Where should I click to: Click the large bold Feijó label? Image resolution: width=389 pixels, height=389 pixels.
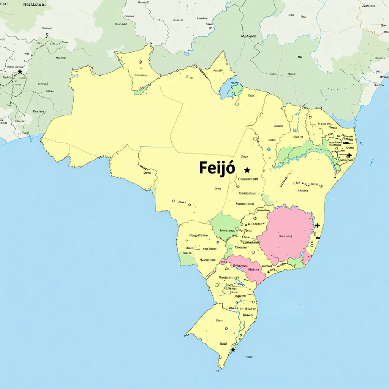pos(217,168)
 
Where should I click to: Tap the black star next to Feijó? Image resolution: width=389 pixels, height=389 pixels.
pos(247,170)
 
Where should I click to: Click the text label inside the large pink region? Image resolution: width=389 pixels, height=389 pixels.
pos(285,236)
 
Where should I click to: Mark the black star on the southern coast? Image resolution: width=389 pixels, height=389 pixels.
pos(233,350)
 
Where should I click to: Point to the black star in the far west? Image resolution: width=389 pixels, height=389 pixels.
pos(20,71)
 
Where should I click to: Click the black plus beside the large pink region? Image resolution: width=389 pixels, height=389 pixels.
pos(317,225)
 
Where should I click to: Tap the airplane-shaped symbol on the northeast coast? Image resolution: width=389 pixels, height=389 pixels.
pos(349,155)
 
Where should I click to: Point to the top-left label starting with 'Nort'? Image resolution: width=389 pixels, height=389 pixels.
pos(34,5)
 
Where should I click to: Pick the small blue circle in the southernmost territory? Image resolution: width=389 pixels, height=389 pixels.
pos(226,329)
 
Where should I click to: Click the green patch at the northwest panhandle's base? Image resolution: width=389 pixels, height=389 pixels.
pos(140,90)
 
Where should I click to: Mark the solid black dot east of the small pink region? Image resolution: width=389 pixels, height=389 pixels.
pos(269,272)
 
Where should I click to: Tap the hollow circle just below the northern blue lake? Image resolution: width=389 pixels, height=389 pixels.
pos(237,104)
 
